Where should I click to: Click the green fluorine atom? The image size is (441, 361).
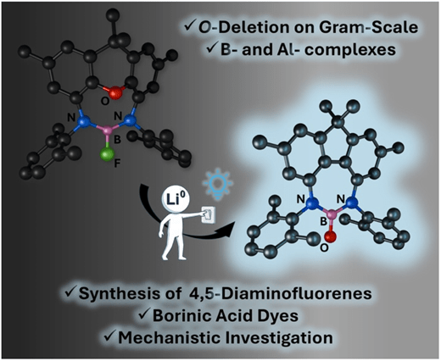coord(108,154)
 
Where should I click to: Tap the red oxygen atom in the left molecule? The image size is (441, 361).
coord(116,92)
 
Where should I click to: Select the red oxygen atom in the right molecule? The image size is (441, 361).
coord(331,236)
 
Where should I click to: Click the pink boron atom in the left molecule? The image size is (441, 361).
coord(108,131)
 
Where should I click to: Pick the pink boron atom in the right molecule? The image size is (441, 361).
coord(332,214)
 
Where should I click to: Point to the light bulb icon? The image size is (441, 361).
coord(218,185)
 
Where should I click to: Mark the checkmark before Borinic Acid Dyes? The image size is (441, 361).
coord(144,314)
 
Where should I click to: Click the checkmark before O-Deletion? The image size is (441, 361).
coord(189,26)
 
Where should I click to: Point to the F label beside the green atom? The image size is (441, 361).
coord(117,164)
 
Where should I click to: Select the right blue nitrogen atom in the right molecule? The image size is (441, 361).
coord(351,203)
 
